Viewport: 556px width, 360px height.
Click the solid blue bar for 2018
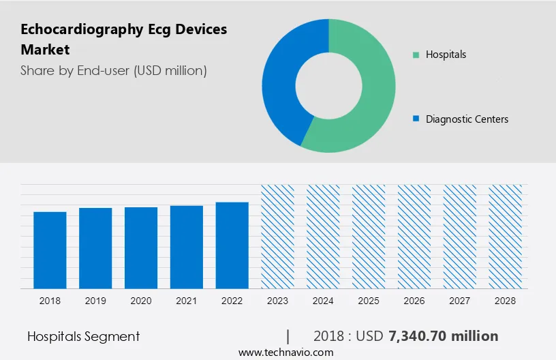pos(50,250)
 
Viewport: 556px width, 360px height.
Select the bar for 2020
pos(141,247)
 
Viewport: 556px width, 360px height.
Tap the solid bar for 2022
pos(232,245)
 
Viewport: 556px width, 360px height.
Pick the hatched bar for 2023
pos(277,236)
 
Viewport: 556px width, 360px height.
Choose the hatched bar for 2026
pos(414,236)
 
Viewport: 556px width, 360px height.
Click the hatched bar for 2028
pos(505,236)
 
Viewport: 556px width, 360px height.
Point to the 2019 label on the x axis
pos(95,301)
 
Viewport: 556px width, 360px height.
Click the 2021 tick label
pos(187,301)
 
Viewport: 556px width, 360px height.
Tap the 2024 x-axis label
pos(323,301)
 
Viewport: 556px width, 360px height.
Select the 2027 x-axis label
pos(460,301)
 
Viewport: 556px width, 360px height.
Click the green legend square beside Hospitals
pos(415,55)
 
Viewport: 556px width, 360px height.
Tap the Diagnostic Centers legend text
pos(467,119)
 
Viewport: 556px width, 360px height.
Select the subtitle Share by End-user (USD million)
pos(114,70)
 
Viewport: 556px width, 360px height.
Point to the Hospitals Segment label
pos(84,336)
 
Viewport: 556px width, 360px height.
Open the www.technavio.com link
pos(285,352)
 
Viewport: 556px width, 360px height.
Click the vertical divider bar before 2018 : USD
pos(288,336)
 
